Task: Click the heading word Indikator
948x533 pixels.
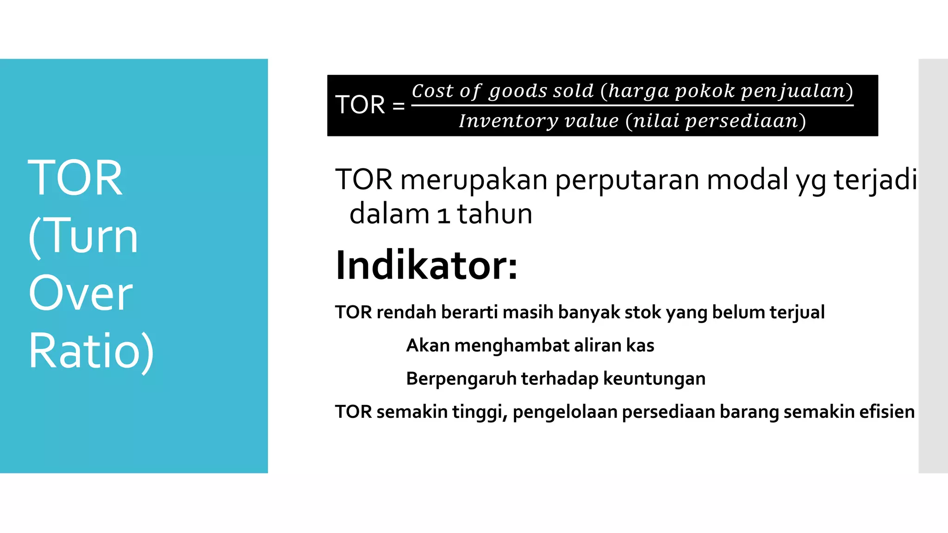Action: [426, 266]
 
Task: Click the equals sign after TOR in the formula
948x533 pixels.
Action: [399, 106]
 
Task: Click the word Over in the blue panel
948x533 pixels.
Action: [81, 293]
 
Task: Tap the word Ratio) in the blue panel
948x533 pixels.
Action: [91, 351]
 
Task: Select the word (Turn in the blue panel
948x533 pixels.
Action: [83, 236]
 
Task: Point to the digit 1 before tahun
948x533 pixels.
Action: [444, 215]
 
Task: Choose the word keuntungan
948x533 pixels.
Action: [654, 379]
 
